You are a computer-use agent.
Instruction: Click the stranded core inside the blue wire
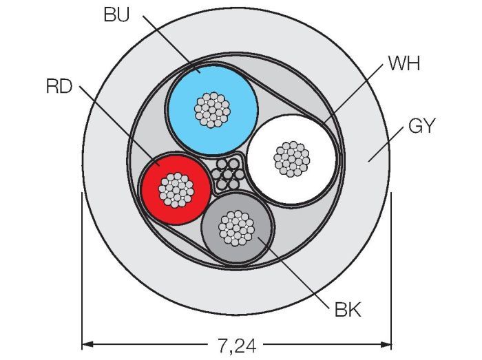(x=212, y=109)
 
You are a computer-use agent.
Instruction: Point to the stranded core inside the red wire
(x=175, y=188)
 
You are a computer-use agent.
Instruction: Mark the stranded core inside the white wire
(x=292, y=158)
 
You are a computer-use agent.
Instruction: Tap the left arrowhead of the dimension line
(x=87, y=343)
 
